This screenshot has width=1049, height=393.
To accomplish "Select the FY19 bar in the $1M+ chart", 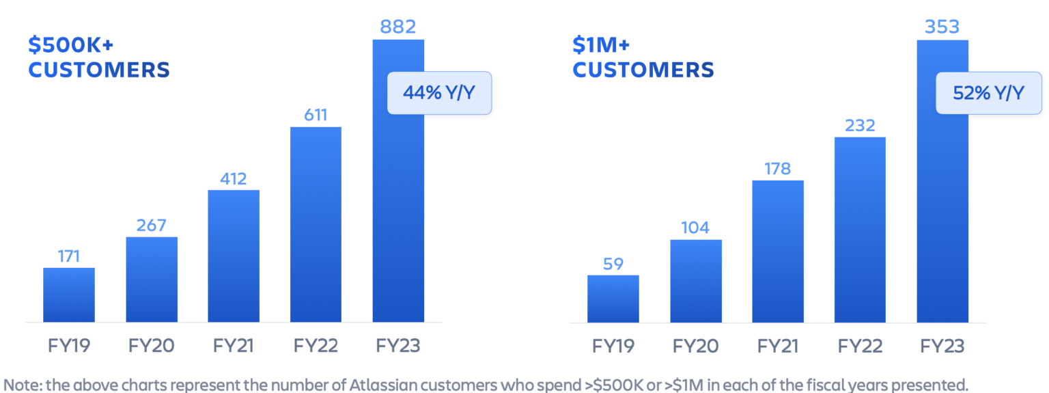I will (x=613, y=299).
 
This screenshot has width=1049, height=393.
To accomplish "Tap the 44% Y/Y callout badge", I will (x=439, y=93).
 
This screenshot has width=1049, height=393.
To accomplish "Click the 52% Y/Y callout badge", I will (x=989, y=93).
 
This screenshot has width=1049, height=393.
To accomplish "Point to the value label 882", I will (x=398, y=27).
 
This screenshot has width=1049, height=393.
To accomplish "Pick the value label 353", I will (x=942, y=27).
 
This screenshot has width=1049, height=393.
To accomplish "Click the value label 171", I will (x=69, y=256).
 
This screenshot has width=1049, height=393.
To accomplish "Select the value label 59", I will (x=613, y=264).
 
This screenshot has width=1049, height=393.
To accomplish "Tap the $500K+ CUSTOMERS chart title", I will (x=98, y=57).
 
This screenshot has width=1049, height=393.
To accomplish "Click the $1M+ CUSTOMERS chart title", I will (x=643, y=57).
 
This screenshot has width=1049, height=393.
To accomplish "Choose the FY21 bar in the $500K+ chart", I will (x=234, y=256).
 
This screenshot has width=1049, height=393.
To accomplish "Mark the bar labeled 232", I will (x=860, y=230).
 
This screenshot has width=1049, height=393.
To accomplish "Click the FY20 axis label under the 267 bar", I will (x=151, y=346).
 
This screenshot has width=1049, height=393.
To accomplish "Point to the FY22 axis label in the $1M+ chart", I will (x=860, y=346).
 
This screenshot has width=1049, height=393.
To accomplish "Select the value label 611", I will (x=316, y=114).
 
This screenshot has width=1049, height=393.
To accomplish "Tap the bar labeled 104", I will (x=696, y=281).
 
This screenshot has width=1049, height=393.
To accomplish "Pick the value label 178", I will (x=778, y=168).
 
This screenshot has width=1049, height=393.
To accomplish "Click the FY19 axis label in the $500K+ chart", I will (x=69, y=346).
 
